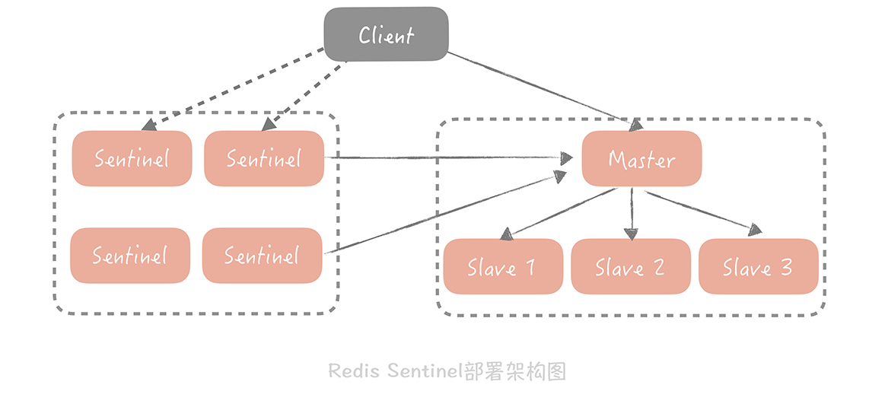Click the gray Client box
tap(386, 34)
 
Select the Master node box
tap(641, 159)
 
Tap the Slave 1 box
tap(502, 267)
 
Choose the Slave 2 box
tap(630, 267)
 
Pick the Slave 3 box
tap(758, 267)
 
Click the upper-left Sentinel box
tap(132, 158)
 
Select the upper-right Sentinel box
tap(263, 158)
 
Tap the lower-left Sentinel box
tap(130, 256)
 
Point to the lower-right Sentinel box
tap(262, 256)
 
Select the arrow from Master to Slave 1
tap(559, 212)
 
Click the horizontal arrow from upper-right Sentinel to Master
tap(449, 157)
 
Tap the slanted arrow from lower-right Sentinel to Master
tap(445, 215)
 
